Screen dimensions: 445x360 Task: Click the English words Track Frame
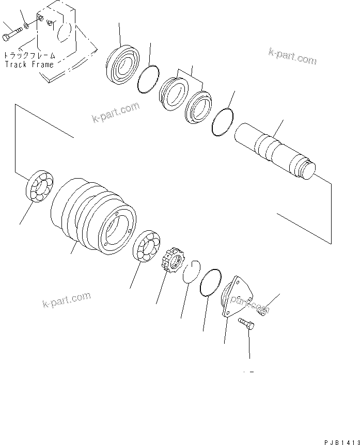coord(29,65)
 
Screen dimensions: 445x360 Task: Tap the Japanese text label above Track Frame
coord(29,56)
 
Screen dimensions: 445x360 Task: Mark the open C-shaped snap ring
coord(190,271)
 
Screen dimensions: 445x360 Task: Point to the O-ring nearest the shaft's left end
coord(223,122)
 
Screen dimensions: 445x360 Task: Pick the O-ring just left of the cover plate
coord(210,283)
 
